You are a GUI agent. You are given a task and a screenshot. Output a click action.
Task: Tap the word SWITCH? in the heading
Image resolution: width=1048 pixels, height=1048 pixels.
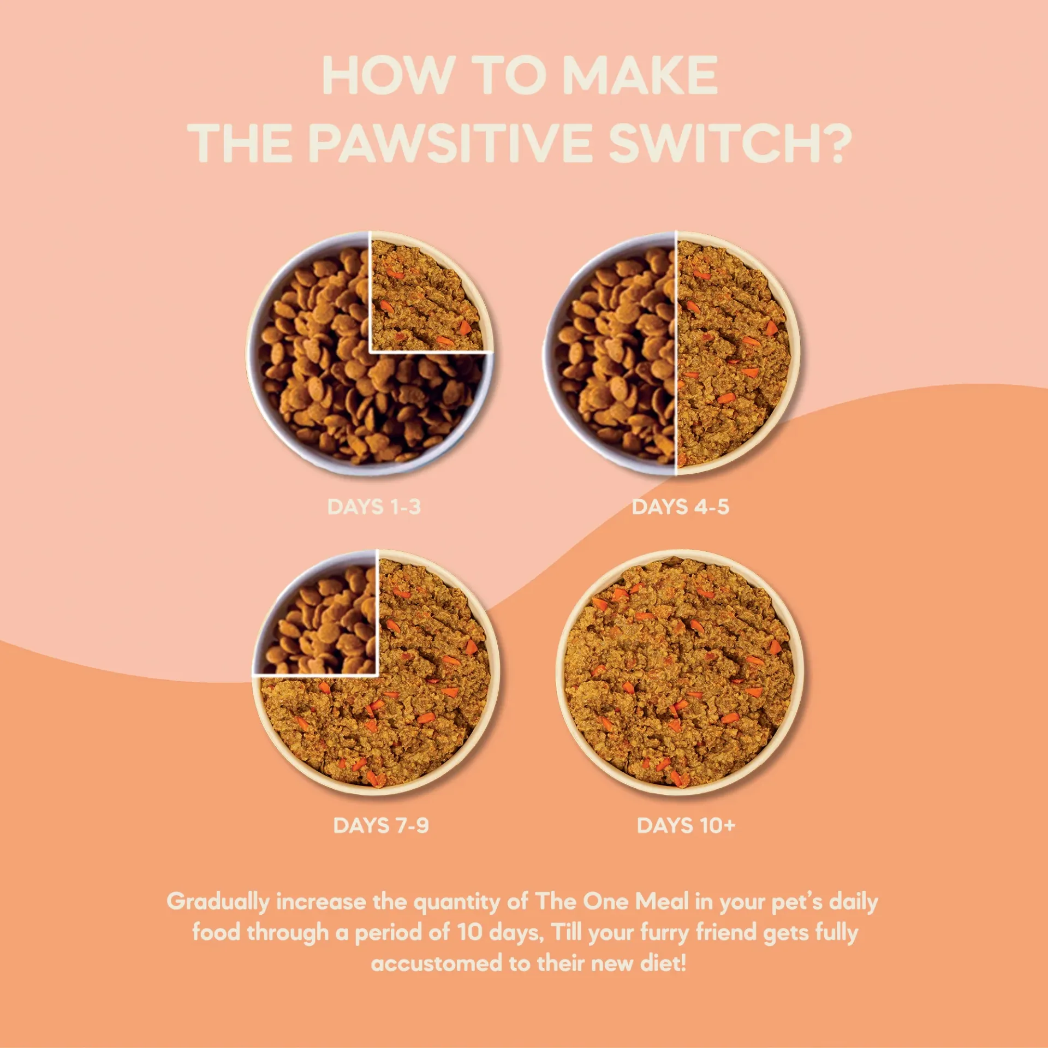[730, 143]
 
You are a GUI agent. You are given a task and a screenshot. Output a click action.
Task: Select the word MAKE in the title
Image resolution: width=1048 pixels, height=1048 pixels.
[640, 75]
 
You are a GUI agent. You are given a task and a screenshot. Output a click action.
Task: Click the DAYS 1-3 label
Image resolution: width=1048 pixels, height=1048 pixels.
[374, 507]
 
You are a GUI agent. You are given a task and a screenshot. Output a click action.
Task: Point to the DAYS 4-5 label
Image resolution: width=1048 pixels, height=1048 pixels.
[680, 507]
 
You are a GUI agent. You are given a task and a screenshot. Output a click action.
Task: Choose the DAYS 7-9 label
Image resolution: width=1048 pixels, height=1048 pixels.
[381, 825]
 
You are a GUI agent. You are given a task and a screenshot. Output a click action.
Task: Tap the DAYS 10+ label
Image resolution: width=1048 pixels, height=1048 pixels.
[686, 825]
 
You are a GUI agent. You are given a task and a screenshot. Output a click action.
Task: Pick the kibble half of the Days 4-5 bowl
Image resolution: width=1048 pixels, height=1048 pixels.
[617, 355]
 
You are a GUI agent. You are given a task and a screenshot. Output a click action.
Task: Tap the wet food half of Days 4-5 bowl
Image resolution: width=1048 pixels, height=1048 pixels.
[731, 355]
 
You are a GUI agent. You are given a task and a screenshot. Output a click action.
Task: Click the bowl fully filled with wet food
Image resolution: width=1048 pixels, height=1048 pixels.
[680, 671]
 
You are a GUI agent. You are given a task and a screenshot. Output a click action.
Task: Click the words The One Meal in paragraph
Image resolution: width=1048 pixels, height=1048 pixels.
[611, 902]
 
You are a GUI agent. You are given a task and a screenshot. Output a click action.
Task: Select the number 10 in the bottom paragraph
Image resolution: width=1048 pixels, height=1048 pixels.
[469, 932]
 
